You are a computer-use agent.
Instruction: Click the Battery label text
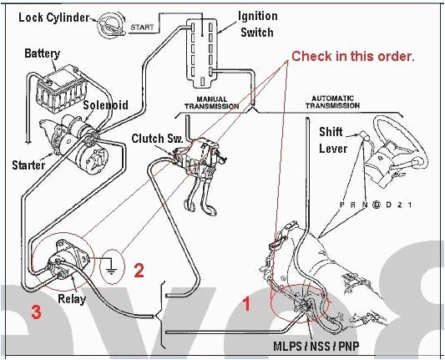(42, 53)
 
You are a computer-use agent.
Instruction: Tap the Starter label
(28, 165)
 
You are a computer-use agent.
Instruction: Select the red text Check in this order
(352, 56)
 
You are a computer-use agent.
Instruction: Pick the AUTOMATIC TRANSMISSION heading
(344, 102)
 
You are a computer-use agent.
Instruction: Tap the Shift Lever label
(333, 140)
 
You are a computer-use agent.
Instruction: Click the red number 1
(246, 305)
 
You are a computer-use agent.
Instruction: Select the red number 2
(139, 270)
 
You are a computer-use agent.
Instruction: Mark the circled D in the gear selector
(377, 204)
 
